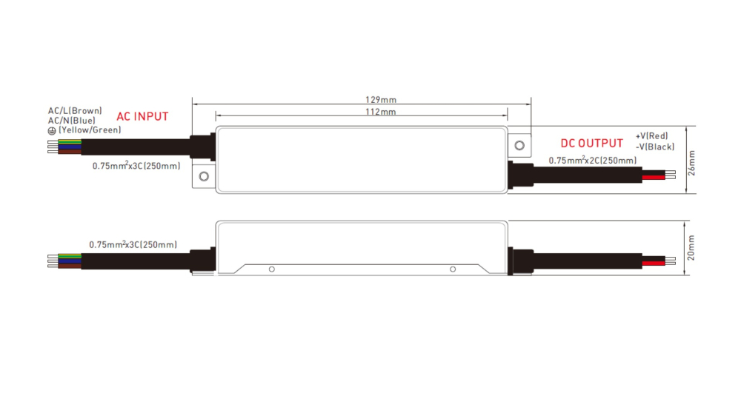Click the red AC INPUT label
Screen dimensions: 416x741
click(x=142, y=116)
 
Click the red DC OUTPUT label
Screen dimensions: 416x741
click(x=591, y=143)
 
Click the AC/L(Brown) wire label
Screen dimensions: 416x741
click(x=75, y=110)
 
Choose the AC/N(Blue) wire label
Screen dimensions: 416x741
click(x=72, y=120)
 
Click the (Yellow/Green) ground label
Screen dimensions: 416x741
click(x=89, y=130)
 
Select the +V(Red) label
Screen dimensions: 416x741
click(x=651, y=136)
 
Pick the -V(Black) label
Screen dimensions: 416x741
click(x=654, y=147)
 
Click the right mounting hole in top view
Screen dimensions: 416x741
click(x=520, y=146)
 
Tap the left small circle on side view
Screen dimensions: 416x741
click(x=272, y=269)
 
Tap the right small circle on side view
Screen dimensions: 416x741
click(x=453, y=269)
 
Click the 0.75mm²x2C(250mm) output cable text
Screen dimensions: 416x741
click(x=592, y=161)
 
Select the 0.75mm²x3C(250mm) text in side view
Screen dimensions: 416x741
click(x=133, y=244)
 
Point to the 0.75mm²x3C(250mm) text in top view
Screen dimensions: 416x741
click(x=136, y=166)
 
